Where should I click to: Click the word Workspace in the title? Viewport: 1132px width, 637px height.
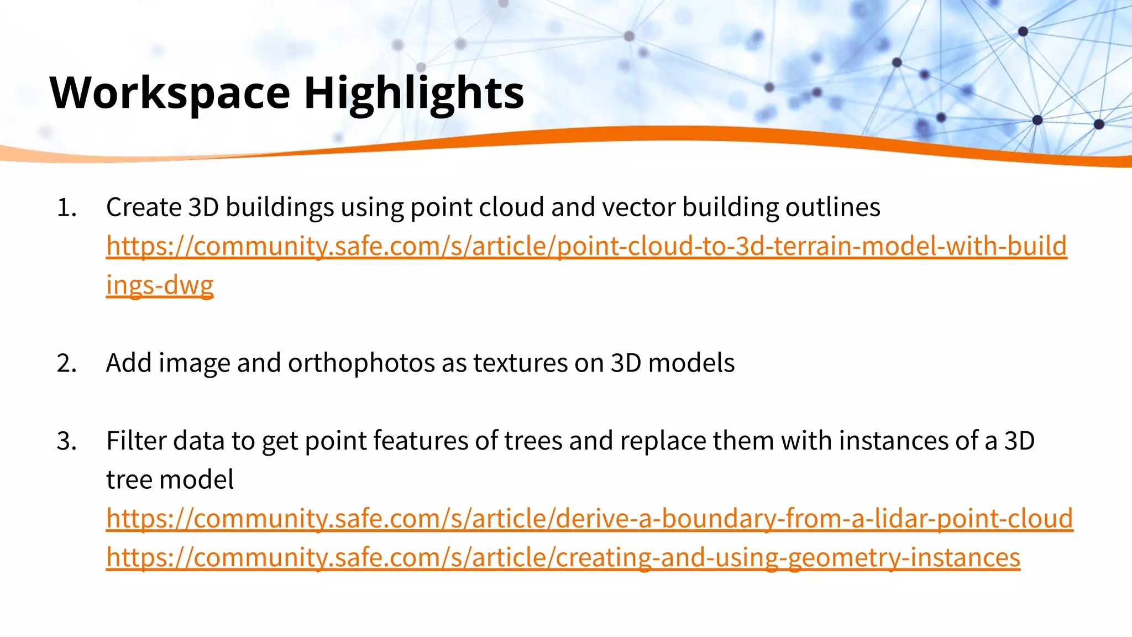pyautogui.click(x=170, y=93)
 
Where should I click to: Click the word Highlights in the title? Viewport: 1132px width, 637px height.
pyautogui.click(x=413, y=93)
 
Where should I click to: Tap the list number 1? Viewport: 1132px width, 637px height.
pyautogui.click(x=66, y=208)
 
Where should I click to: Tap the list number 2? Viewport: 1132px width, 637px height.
pyautogui.click(x=66, y=364)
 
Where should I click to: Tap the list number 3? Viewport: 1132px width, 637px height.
pyautogui.click(x=66, y=442)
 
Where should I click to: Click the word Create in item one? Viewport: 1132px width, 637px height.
pyautogui.click(x=144, y=208)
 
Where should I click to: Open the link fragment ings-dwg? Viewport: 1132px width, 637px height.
pyautogui.click(x=160, y=285)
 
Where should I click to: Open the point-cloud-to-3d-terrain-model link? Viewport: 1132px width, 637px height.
pyautogui.click(x=586, y=247)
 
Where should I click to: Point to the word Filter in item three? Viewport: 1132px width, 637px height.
pyautogui.click(x=137, y=442)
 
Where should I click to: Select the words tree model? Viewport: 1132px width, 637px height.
pyautogui.click(x=170, y=480)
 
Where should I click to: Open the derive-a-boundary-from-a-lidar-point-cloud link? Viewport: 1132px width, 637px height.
pyautogui.click(x=589, y=519)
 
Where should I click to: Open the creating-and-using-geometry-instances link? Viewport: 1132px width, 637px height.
pyautogui.click(x=563, y=558)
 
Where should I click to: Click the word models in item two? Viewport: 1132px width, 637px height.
pyautogui.click(x=691, y=364)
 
